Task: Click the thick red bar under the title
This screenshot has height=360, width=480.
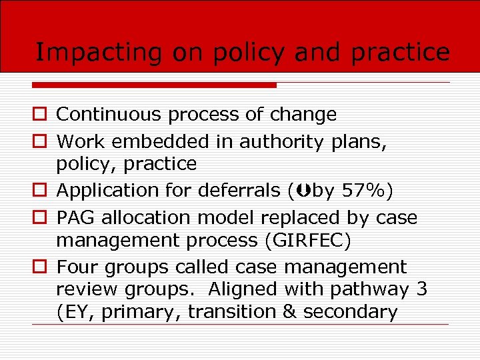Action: (154, 85)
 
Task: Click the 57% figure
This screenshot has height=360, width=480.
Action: (364, 191)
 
